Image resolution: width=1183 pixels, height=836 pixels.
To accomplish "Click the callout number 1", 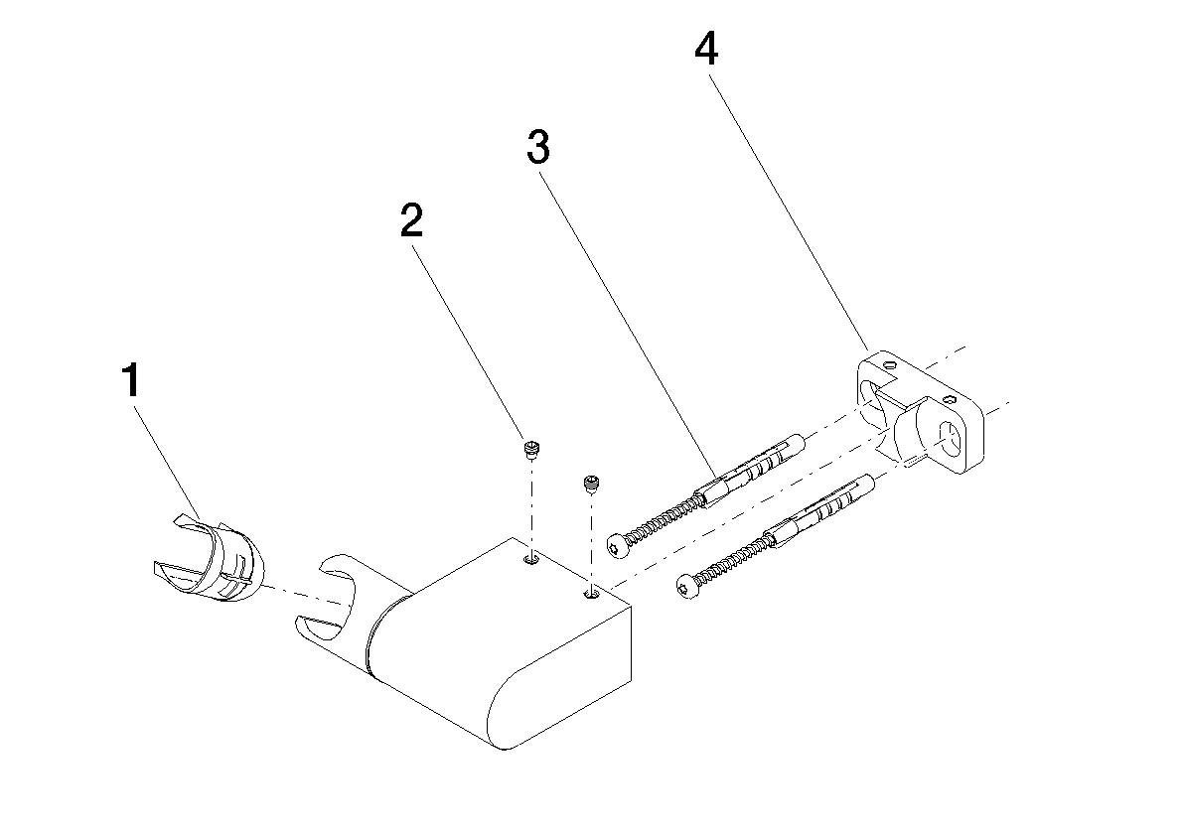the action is (x=132, y=380).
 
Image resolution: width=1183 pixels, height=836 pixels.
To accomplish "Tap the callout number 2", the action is (x=412, y=220).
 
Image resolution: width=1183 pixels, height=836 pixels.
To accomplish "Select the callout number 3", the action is (x=538, y=146).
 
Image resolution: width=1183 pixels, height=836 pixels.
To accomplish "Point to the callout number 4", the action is (x=706, y=50).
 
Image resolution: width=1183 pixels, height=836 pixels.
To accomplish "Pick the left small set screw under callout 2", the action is (x=531, y=450).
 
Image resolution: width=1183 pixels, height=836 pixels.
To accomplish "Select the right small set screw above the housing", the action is (x=591, y=484).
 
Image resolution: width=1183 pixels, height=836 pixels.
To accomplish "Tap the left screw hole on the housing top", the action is (x=531, y=559).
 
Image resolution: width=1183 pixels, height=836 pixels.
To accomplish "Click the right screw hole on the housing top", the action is (x=590, y=595).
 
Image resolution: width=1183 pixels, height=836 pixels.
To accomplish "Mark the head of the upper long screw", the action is (x=617, y=546).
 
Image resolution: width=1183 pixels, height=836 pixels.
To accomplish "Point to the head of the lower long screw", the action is (x=685, y=586).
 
